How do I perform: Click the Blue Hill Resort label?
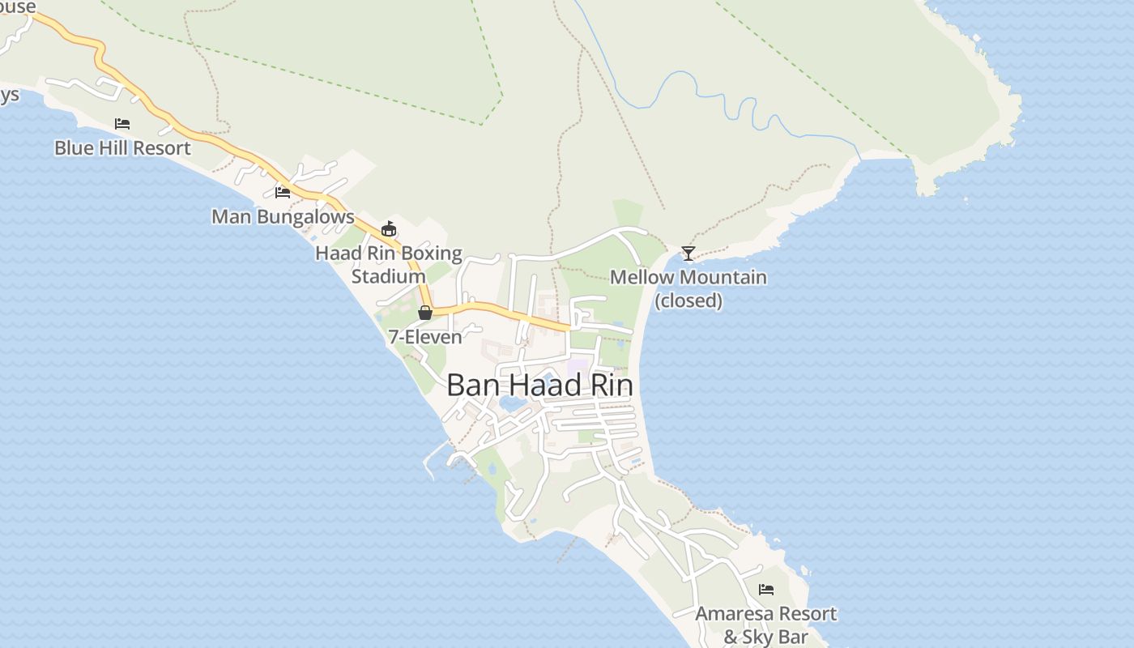122,148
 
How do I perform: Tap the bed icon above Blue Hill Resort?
122,124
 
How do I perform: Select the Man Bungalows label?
283,217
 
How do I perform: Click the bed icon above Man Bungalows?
283,192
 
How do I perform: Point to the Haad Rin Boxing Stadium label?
388,264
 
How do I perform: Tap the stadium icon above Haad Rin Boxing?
389,229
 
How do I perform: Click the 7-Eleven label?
424,337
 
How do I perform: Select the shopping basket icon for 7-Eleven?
425,313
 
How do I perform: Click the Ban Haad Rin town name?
539,386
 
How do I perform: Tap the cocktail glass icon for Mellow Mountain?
688,254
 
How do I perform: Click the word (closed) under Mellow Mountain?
688,301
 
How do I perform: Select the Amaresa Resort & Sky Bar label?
765,625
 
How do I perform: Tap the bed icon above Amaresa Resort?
766,590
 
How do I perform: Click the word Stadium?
388,276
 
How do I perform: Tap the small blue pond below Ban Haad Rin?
513,403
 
